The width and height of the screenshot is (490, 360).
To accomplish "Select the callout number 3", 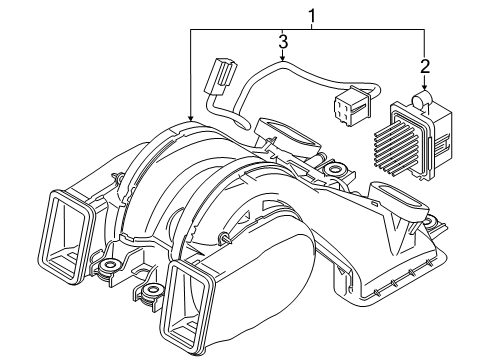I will click(x=283, y=44).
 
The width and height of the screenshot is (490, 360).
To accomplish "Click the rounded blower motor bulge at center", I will click(x=255, y=250).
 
